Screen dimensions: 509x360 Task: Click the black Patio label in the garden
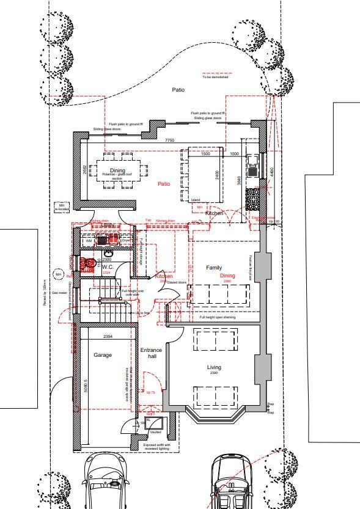pyautogui.click(x=178, y=90)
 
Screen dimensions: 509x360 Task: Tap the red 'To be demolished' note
pyautogui.click(x=215, y=77)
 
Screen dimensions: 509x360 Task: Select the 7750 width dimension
pyautogui.click(x=169, y=141)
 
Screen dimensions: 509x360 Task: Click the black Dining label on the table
pyautogui.click(x=117, y=170)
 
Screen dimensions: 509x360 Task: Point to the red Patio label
pyautogui.click(x=164, y=183)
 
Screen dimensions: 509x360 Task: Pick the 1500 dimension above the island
pyautogui.click(x=205, y=154)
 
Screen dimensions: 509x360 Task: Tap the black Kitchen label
pyautogui.click(x=215, y=213)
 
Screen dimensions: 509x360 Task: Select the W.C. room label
pyautogui.click(x=109, y=267)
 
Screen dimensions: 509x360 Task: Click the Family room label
pyautogui.click(x=214, y=268)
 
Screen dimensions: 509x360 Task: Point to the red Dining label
pyautogui.click(x=227, y=276)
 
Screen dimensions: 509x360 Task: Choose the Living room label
pyautogui.click(x=214, y=367)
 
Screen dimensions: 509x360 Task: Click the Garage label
pyautogui.click(x=103, y=354)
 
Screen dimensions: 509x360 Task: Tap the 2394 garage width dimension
pyautogui.click(x=108, y=337)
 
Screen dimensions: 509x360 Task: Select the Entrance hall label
pyautogui.click(x=152, y=353)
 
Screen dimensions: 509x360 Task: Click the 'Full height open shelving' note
pyautogui.click(x=218, y=318)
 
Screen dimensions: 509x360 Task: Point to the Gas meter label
pyautogui.click(x=59, y=293)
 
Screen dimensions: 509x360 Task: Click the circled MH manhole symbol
pyautogui.click(x=59, y=275)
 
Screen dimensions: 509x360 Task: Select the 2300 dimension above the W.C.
pyautogui.click(x=106, y=260)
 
